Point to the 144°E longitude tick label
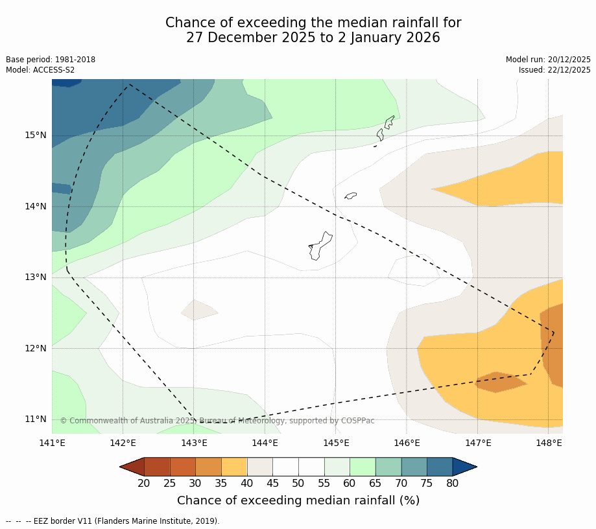tap(265, 443)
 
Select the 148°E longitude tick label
tap(549, 443)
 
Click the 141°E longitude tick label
tap(52, 443)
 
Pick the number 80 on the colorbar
tap(452, 483)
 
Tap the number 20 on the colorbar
tap(144, 483)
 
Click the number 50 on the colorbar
tap(298, 483)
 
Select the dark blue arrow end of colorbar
tap(464, 467)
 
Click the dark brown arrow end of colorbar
tap(132, 467)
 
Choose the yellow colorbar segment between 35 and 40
tap(233, 467)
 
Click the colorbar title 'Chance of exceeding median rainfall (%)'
tap(298, 500)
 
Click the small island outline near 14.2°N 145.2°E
tap(350, 195)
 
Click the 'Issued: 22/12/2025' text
tap(554, 70)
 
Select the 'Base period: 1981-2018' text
tap(51, 60)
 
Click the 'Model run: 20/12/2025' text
tap(548, 60)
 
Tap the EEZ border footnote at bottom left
tap(113, 521)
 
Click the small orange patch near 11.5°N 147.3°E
tap(499, 382)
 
